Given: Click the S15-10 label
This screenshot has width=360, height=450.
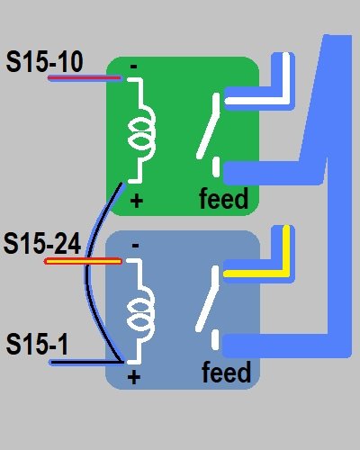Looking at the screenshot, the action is pyautogui.click(x=44, y=62).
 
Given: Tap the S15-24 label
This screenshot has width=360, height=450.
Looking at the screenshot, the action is pyautogui.click(x=42, y=243).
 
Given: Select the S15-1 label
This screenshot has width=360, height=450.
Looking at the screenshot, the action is pyautogui.click(x=37, y=344).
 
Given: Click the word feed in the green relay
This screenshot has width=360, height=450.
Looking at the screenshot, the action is pyautogui.click(x=224, y=198).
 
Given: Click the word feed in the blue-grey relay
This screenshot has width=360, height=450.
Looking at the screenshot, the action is pyautogui.click(x=226, y=372).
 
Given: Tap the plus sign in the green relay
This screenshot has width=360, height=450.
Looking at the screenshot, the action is pyautogui.click(x=137, y=201).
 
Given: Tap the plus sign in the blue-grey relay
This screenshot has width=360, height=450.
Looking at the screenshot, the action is pyautogui.click(x=134, y=377).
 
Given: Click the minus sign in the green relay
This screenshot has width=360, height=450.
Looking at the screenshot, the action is pyautogui.click(x=134, y=67).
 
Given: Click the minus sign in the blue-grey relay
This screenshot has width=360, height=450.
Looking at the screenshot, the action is pyautogui.click(x=135, y=246).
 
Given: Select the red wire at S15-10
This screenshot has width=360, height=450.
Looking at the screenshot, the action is pyautogui.click(x=85, y=78).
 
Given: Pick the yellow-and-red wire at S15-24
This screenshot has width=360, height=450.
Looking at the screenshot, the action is pyautogui.click(x=83, y=262).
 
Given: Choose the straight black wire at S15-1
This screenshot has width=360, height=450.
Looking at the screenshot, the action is pyautogui.click(x=87, y=363).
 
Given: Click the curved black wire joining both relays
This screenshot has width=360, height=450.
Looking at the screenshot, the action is pyautogui.click(x=87, y=270).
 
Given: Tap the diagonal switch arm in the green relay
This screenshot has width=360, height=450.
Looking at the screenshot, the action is pyautogui.click(x=209, y=126).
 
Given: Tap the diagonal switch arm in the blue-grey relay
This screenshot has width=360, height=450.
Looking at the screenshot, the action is pyautogui.click(x=208, y=299).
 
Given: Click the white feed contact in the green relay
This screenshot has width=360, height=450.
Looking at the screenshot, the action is pyautogui.click(x=216, y=166).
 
